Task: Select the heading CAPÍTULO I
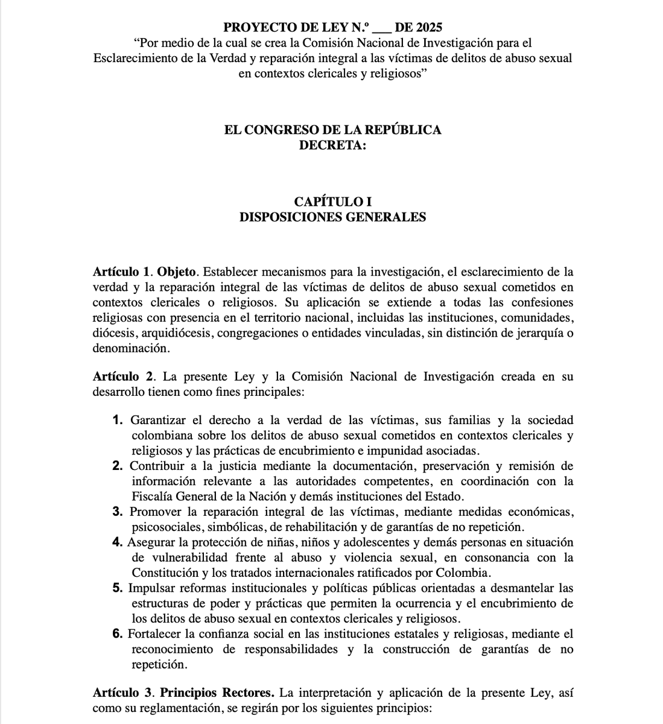[x=332, y=202]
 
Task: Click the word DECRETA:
[x=332, y=145]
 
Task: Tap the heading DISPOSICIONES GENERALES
[x=332, y=217]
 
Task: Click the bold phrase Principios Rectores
[x=217, y=693]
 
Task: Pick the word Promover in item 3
[x=154, y=512]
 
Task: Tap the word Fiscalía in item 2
[x=151, y=497]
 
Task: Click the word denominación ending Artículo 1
[x=128, y=348]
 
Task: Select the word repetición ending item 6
[x=157, y=665]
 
